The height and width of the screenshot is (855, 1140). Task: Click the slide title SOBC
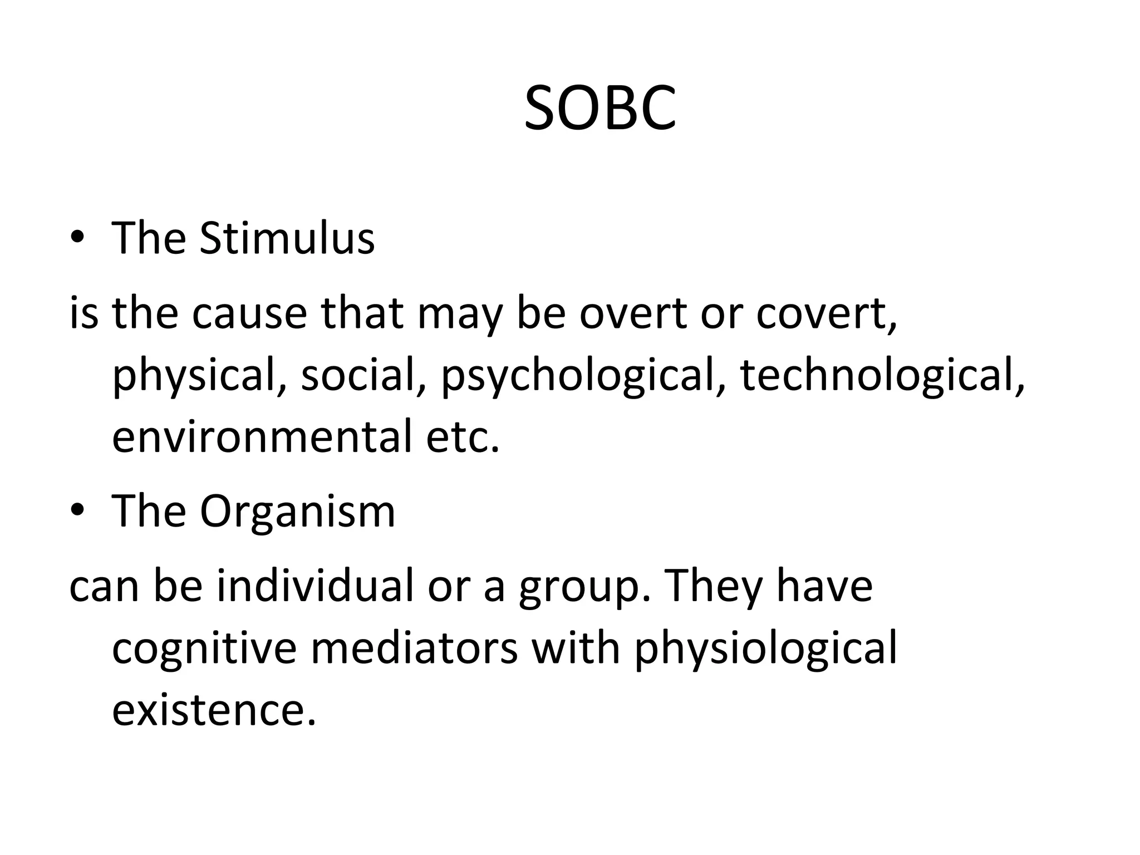600,109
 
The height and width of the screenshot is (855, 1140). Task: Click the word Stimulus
287,238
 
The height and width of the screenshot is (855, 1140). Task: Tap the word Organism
297,511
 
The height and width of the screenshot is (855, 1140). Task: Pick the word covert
826,313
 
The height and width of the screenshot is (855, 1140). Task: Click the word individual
315,586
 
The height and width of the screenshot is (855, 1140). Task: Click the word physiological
765,649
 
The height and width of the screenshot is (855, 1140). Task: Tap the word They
714,586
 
